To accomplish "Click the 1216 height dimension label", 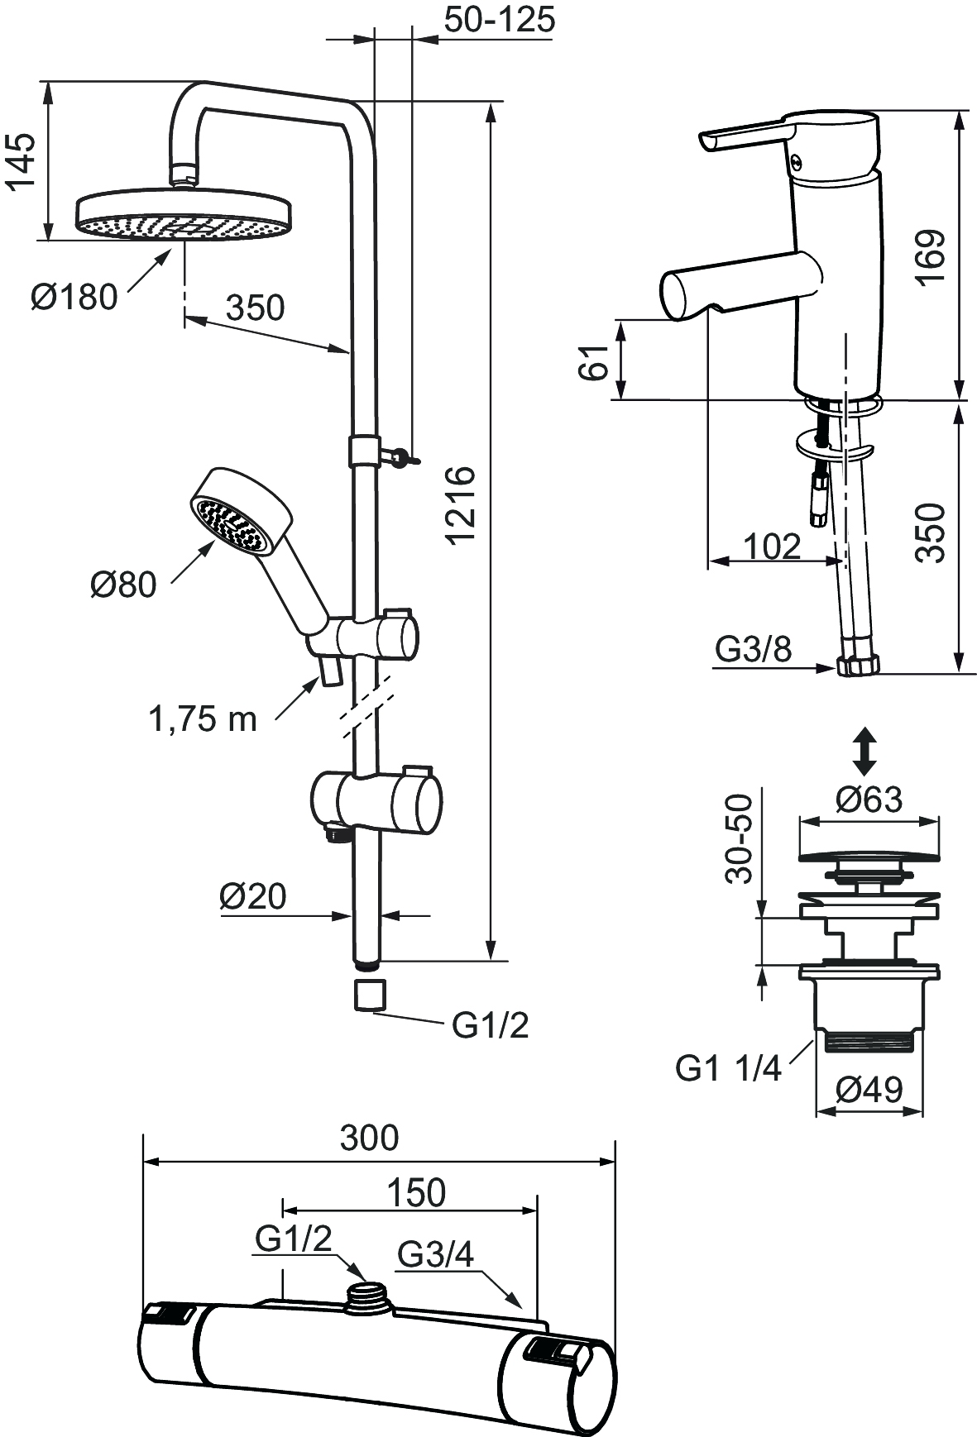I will tap(460, 504).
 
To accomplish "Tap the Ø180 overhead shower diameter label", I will tap(74, 297).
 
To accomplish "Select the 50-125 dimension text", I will tap(499, 20).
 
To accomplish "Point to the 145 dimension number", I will tap(23, 161).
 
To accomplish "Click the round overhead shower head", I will tap(184, 217).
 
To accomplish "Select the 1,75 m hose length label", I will tap(203, 719).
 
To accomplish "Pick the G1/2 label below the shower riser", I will tap(490, 1025).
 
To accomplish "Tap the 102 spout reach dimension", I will tap(772, 547).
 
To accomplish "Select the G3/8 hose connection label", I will tap(754, 649).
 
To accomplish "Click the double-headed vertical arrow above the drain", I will tap(864, 750).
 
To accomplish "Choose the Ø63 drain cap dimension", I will tap(869, 800).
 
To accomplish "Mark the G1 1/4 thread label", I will tap(728, 1068).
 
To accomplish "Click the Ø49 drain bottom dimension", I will tap(869, 1091).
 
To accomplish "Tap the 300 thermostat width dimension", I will tap(369, 1139).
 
